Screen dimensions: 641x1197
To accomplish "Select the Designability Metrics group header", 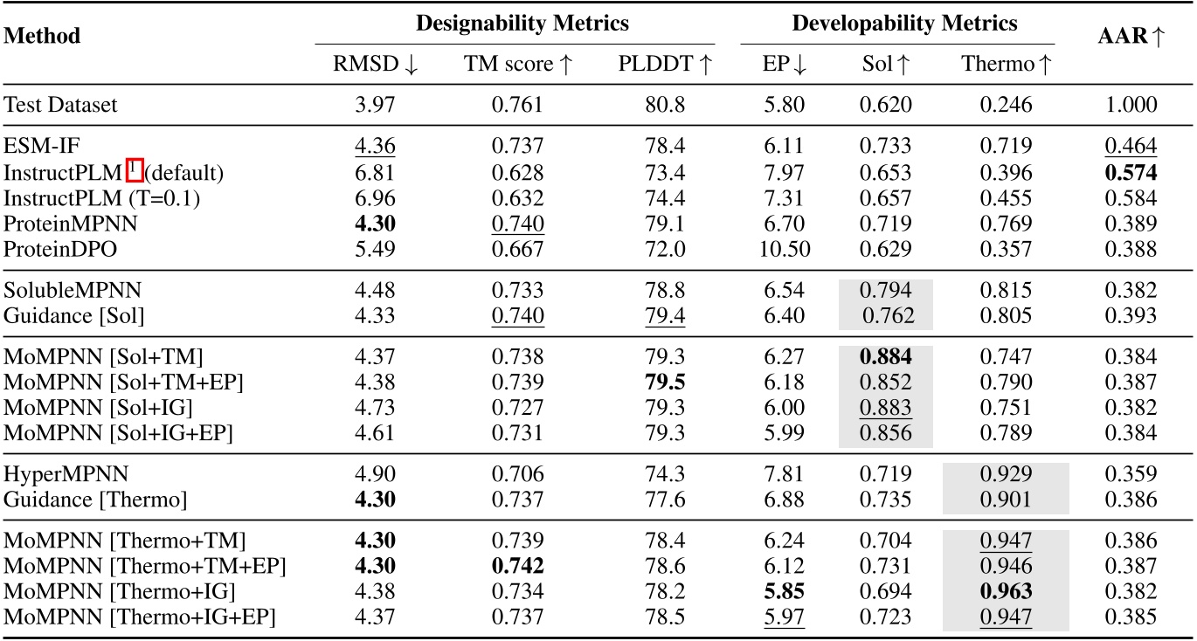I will coord(522,24).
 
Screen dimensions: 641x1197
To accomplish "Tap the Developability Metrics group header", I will coord(904,24).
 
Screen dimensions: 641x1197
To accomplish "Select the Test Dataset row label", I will coord(60,106).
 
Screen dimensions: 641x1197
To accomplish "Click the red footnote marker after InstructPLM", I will coord(134,172).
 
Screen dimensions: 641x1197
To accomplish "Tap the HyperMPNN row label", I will coord(54,474).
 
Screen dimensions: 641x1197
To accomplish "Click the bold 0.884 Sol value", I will coord(886,356).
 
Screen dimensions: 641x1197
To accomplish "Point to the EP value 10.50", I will coord(785,249).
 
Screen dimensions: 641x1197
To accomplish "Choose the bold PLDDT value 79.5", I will coord(665,383).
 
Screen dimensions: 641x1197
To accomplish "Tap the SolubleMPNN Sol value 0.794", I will coord(886,289).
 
